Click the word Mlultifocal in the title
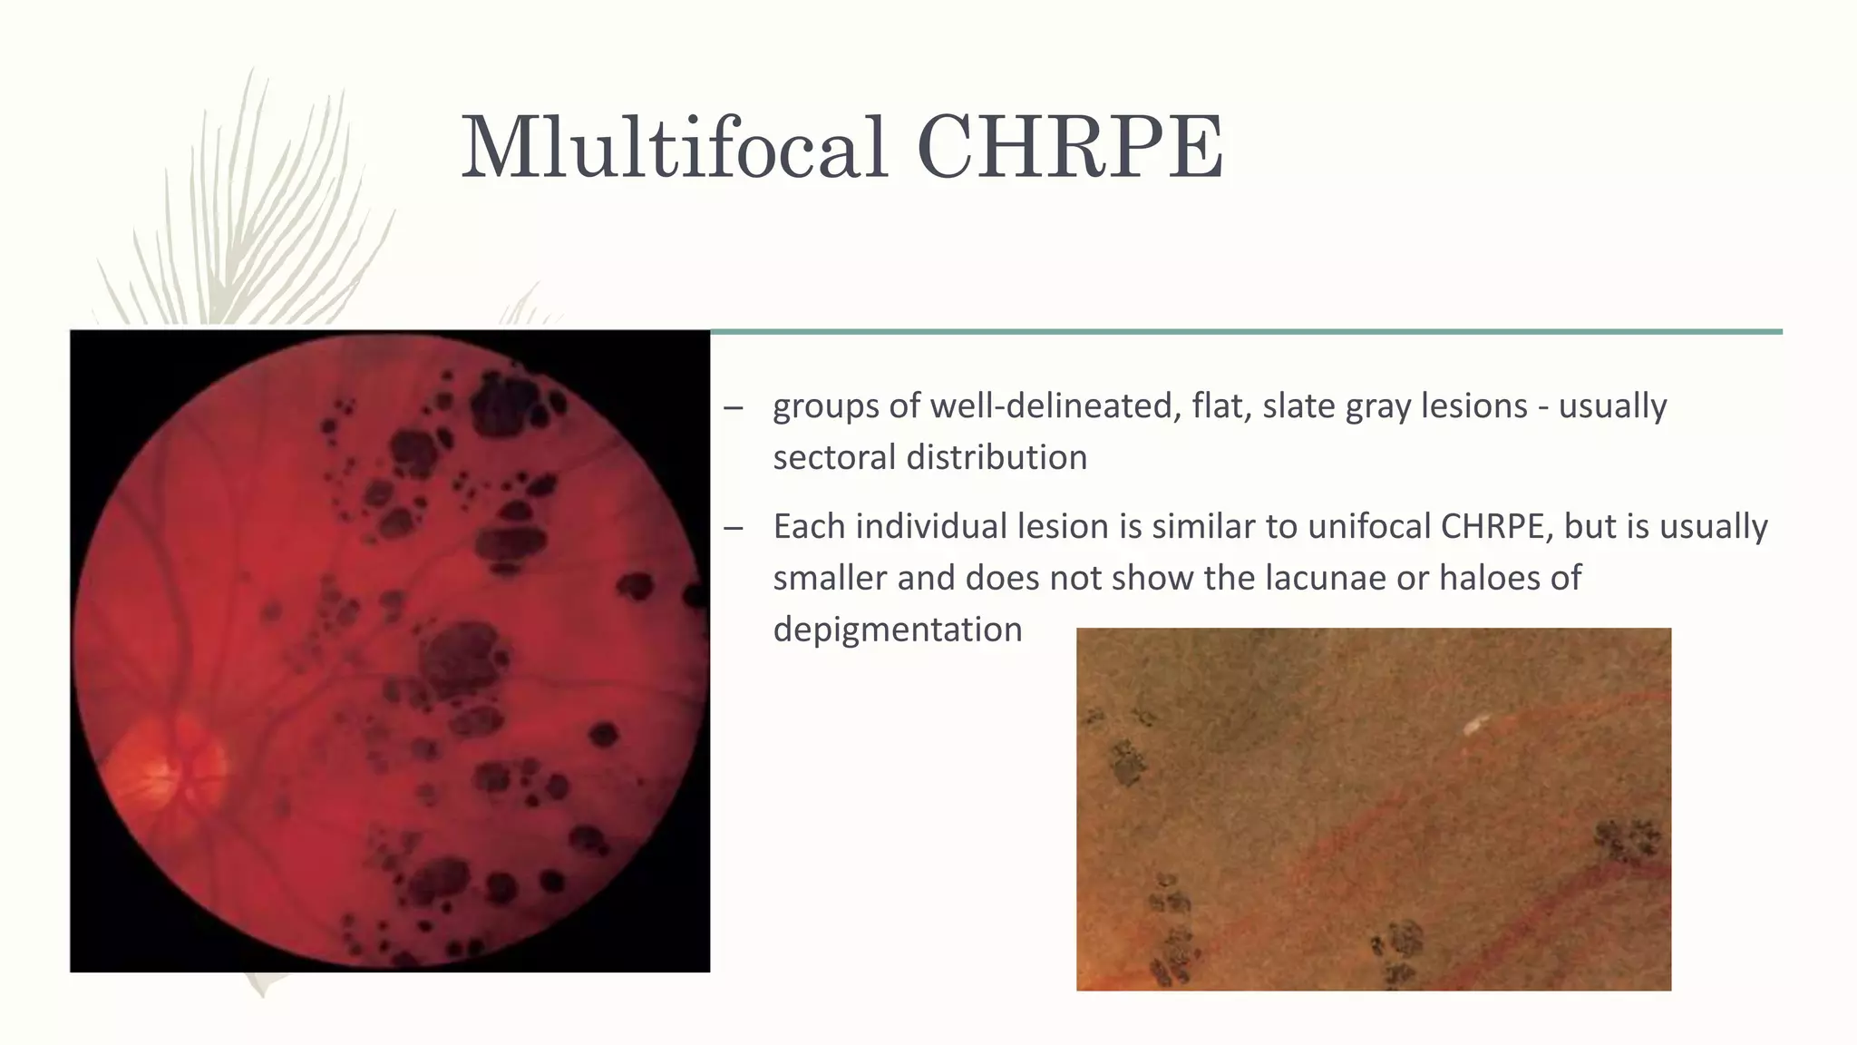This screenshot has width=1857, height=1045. coord(673,147)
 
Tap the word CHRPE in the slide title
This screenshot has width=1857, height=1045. coord(1070,147)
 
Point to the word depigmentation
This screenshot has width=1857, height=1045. coord(898,630)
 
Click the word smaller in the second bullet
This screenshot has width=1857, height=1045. coord(830,578)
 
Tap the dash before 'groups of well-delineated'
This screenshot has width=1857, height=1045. coord(734,407)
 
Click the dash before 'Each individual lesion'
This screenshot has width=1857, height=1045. coord(734,528)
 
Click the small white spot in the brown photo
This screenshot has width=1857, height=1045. coord(1476,724)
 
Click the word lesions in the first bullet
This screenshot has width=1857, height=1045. coord(1473,405)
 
